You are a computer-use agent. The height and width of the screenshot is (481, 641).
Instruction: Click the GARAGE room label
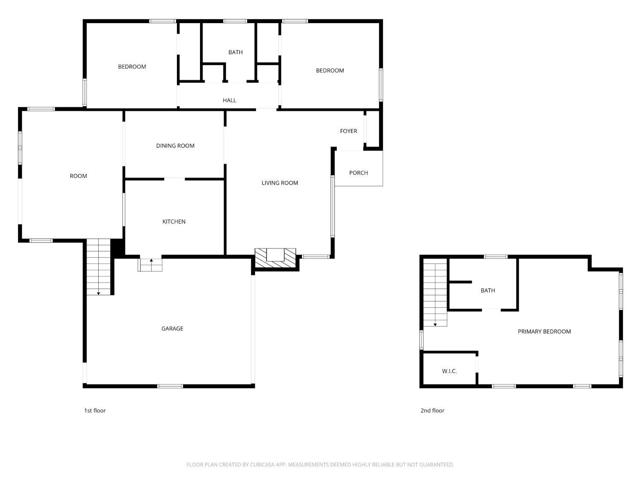coord(172,328)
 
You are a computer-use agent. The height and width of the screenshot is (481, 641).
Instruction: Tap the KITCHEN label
coord(174,221)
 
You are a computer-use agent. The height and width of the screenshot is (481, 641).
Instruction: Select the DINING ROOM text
coord(175,146)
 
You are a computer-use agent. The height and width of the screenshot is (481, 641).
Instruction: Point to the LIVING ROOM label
coord(280,183)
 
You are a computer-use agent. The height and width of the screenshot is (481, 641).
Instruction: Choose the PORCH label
coord(359,173)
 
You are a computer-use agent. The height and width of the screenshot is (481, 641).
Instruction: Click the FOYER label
coord(348,131)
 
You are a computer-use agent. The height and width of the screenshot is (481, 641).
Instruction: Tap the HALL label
coord(229,100)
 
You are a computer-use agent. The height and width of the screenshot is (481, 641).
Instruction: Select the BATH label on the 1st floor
coord(235,52)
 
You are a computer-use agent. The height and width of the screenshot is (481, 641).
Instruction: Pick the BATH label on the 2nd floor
coord(488,290)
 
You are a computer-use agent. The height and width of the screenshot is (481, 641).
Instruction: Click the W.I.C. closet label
coord(449,371)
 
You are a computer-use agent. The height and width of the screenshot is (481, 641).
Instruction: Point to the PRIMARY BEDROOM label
coord(544,331)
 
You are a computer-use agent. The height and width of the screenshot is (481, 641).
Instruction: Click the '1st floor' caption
coord(95,410)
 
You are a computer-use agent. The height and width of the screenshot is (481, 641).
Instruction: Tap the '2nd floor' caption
coord(432,410)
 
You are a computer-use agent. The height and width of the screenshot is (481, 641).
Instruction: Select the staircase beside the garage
coord(99,267)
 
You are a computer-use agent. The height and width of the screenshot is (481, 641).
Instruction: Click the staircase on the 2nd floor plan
coord(435,295)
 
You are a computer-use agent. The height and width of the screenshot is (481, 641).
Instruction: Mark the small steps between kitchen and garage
coord(150,265)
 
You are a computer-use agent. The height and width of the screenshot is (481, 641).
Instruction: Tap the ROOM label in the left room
coord(78,176)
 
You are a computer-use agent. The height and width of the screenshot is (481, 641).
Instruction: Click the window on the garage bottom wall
coord(170,386)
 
